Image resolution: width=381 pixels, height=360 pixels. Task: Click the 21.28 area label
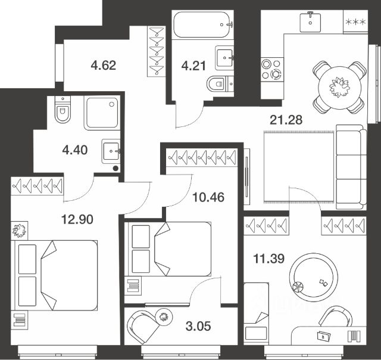coord(286,120)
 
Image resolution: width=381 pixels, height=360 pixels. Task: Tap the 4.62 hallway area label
coord(103,65)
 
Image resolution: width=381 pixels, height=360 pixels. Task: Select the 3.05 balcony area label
coord(198,326)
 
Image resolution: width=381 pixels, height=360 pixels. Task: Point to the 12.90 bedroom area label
coord(77,219)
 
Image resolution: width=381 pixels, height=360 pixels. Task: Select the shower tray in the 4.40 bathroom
coord(102,113)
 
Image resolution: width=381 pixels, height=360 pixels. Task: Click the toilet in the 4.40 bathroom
coord(63,109)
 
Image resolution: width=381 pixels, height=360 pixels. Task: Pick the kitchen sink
coord(310,21)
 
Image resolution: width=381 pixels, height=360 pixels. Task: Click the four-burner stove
coord(272,69)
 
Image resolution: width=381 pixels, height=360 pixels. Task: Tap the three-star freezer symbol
coord(355,22)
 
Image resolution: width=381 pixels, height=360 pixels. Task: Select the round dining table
coord(339,87)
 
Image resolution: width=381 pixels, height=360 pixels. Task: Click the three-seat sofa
coord(351,167)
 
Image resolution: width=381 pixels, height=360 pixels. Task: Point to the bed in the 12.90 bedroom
coord(56,275)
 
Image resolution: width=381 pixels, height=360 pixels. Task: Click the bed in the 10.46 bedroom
coord(168,249)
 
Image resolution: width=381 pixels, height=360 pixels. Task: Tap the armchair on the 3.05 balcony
coord(143,327)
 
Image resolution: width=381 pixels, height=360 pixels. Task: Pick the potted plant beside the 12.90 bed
coord(20,230)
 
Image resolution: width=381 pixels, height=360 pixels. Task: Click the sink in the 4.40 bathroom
coord(111,151)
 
